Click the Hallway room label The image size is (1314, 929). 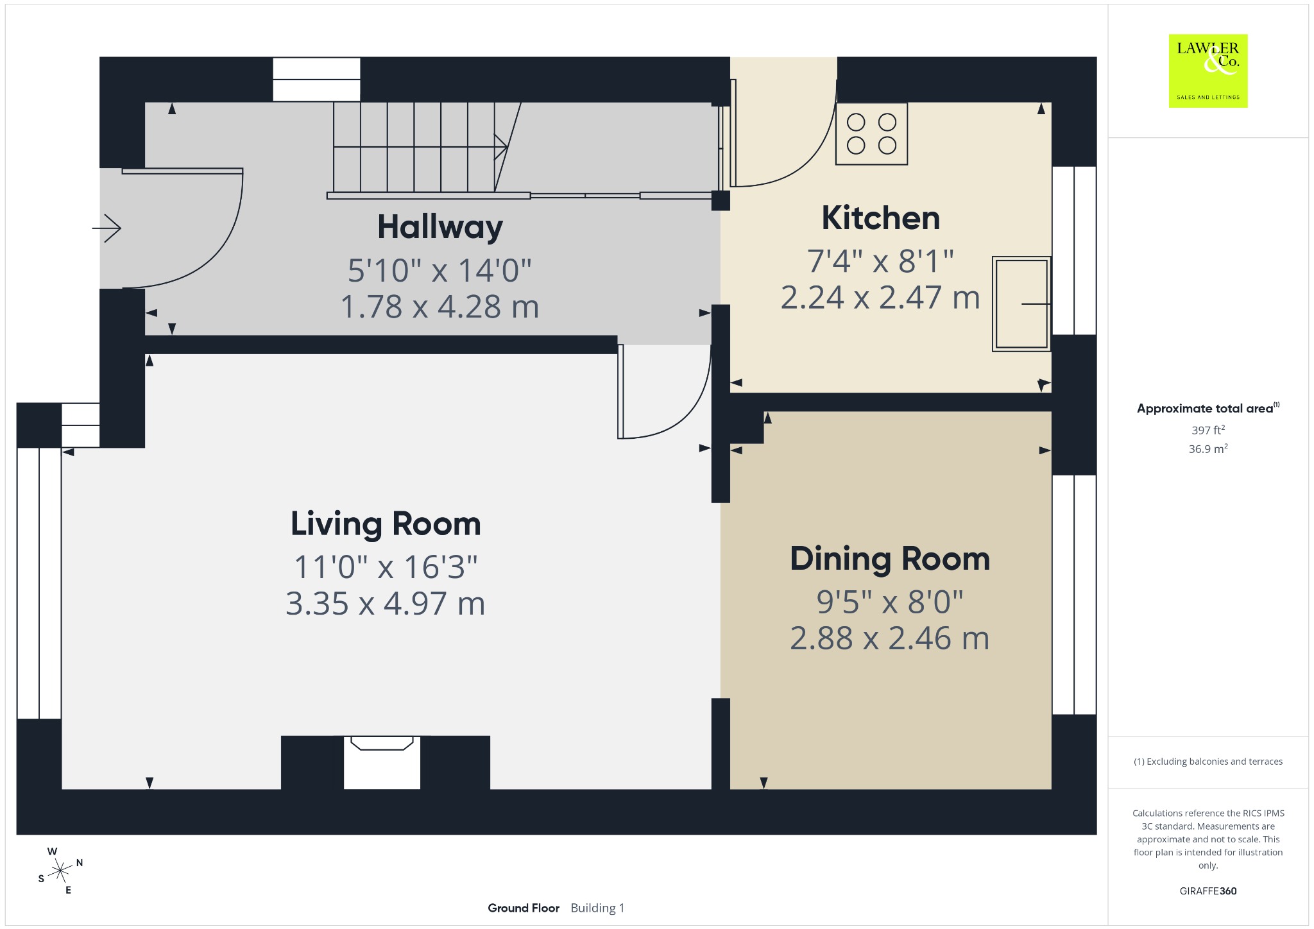440,228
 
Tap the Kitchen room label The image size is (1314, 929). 881,218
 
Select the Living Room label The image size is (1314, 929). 386,524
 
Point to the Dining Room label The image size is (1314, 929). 890,559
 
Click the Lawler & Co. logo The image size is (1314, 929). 1208,71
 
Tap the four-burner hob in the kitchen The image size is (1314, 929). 871,134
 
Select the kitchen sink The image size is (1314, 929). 1021,303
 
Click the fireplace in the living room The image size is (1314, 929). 382,762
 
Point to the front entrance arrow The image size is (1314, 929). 107,228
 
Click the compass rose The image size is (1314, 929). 60,871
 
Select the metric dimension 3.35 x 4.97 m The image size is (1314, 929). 386,604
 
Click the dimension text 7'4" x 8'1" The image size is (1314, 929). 880,261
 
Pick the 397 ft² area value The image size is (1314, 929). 1208,430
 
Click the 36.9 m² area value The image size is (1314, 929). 1208,448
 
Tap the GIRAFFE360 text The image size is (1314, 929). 1208,891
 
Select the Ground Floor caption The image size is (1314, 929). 524,908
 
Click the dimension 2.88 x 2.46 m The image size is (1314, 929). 890,638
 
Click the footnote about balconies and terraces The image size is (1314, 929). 1208,762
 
